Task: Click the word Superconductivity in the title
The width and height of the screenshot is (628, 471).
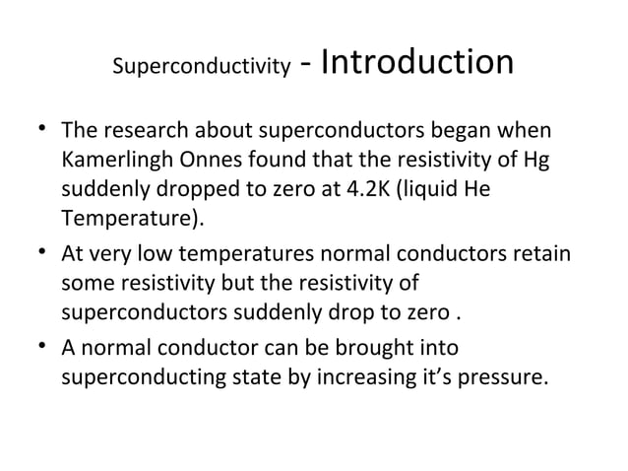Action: [202, 69]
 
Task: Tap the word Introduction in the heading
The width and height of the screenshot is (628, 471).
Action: [417, 62]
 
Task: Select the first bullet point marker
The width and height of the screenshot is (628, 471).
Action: [44, 130]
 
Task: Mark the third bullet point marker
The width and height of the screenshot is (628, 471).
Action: [44, 347]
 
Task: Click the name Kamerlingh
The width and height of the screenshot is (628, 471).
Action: [112, 161]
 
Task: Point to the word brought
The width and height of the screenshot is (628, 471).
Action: [351, 348]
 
